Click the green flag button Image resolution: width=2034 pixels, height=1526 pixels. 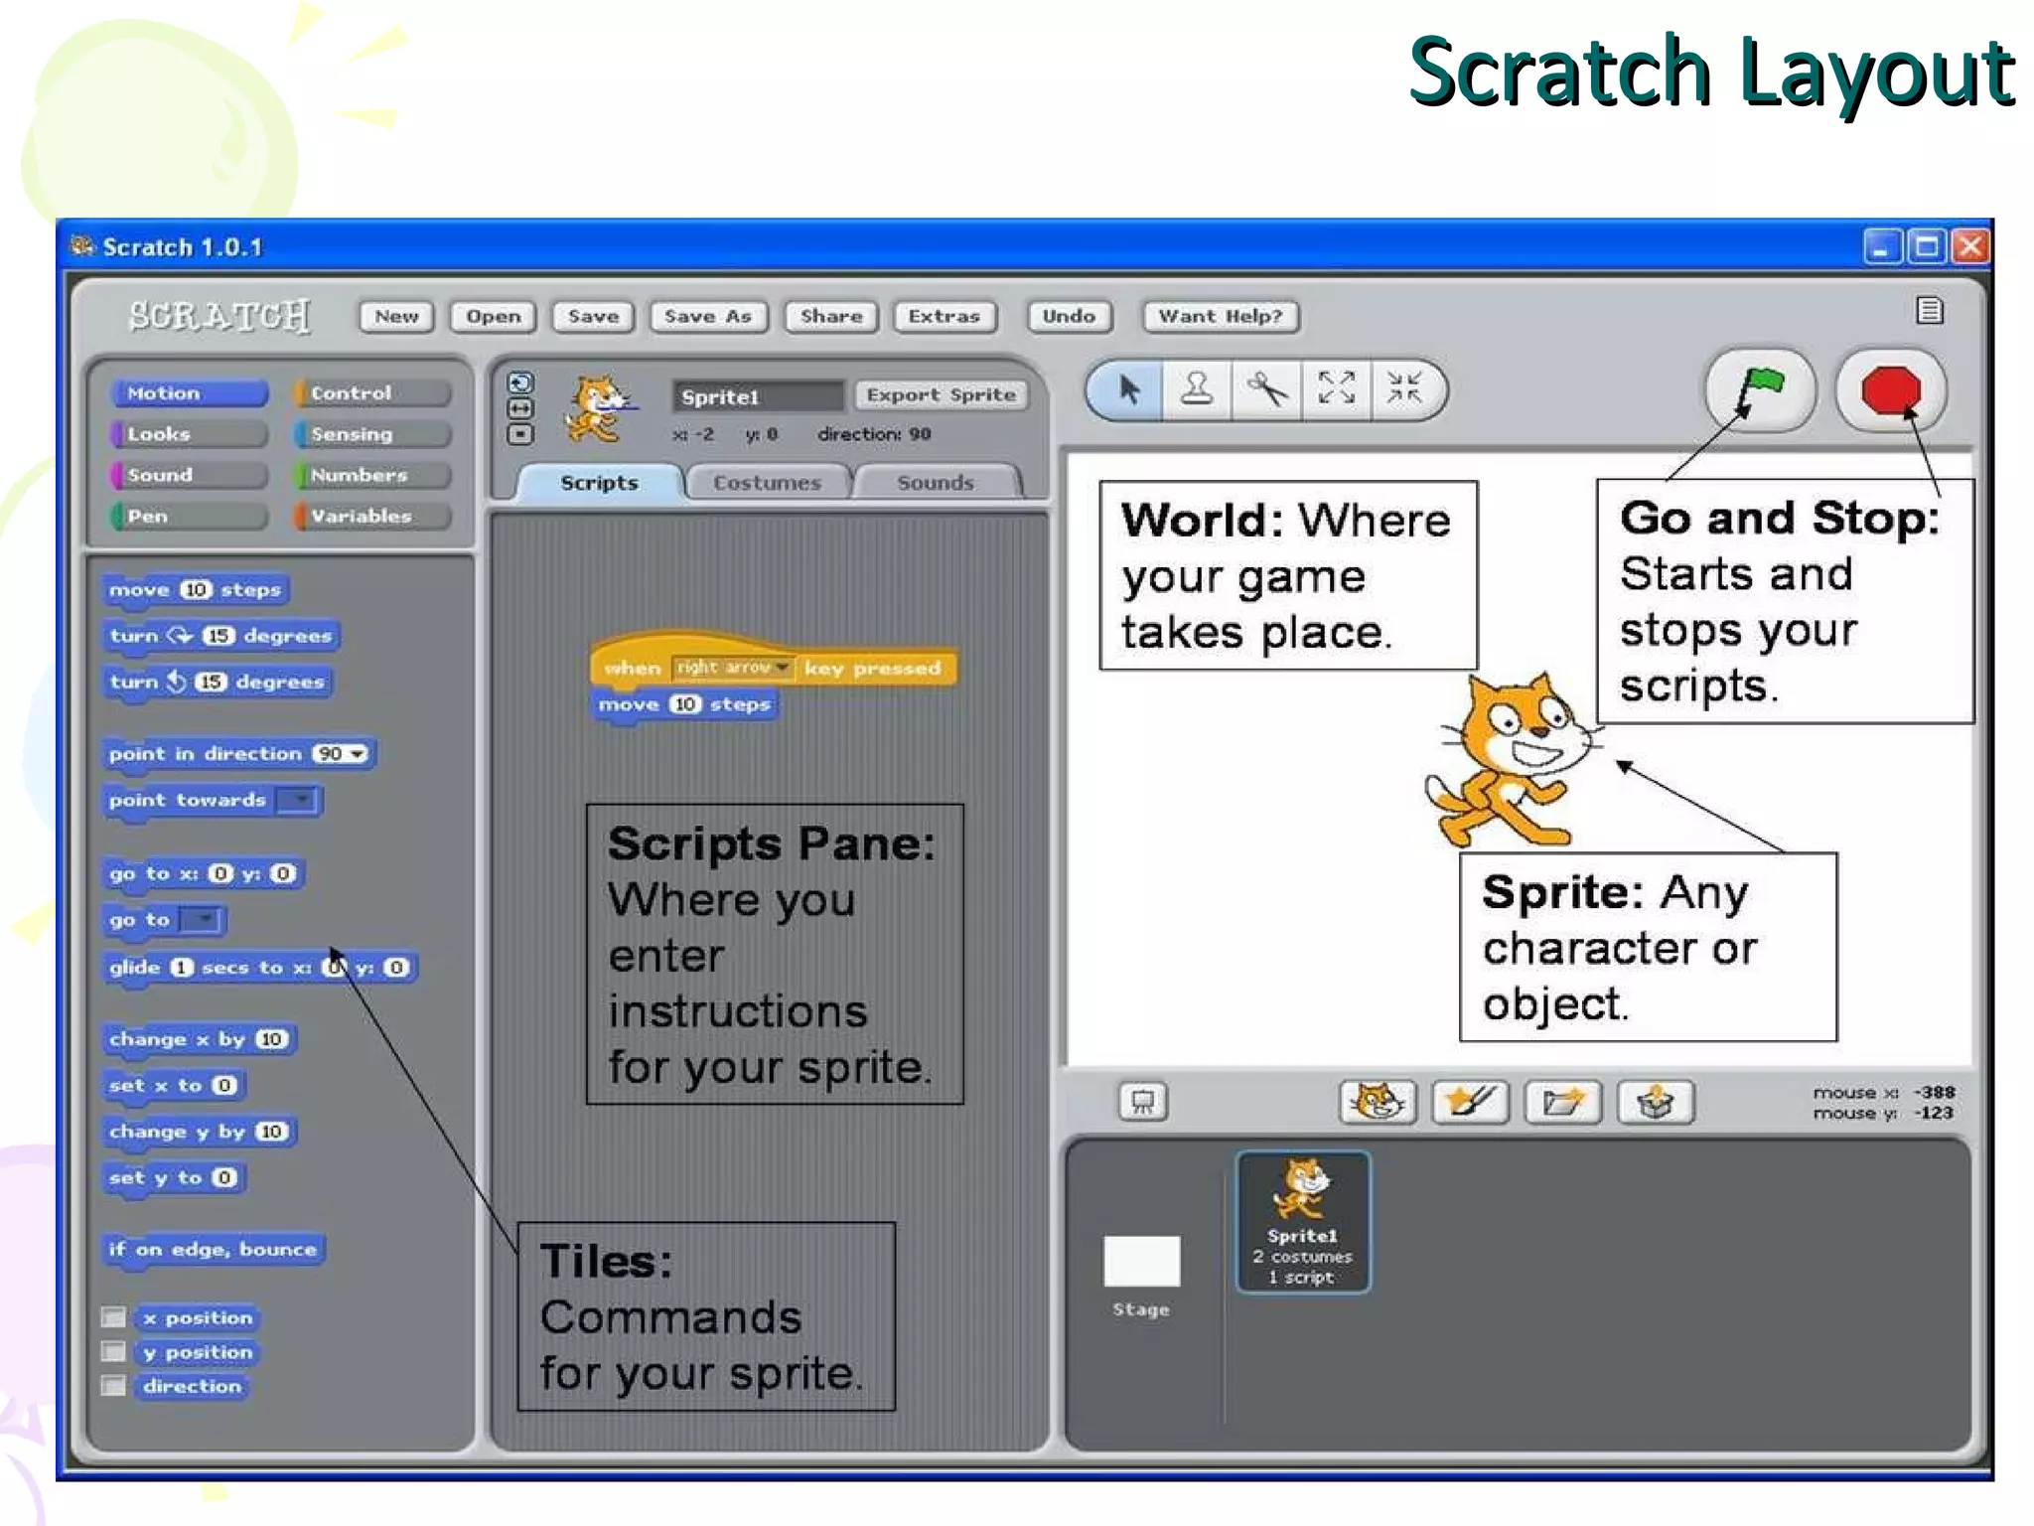click(1760, 389)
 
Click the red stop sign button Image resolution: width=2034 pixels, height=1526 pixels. click(1891, 390)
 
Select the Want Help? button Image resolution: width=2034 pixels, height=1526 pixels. click(1220, 317)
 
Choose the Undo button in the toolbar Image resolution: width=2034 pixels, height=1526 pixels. click(1069, 317)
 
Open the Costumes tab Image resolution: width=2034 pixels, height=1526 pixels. click(767, 483)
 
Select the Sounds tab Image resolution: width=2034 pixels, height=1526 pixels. click(935, 483)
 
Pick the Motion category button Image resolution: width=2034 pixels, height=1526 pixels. click(189, 393)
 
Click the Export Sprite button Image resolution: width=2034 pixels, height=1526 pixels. click(941, 395)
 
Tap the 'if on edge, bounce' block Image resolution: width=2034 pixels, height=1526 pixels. click(213, 1250)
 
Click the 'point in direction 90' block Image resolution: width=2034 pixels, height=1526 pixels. click(237, 754)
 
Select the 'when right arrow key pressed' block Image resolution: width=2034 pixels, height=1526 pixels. click(772, 668)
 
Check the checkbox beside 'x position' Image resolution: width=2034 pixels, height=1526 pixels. click(114, 1318)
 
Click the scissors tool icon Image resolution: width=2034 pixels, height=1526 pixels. click(1266, 389)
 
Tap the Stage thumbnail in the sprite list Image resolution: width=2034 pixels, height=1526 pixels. click(1141, 1262)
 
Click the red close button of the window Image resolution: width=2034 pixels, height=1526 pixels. click(1970, 246)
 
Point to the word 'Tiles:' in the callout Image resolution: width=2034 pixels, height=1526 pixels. click(606, 1262)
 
